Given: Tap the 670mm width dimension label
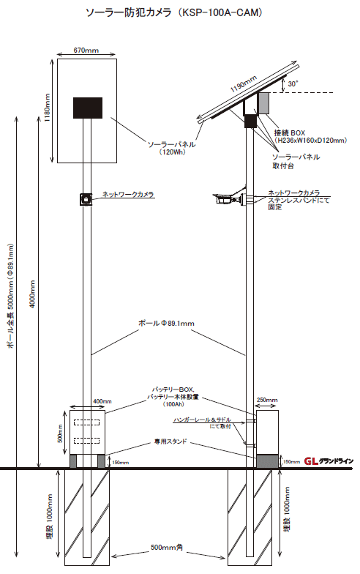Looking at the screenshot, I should (x=86, y=50).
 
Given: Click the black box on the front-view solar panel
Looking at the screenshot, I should (x=87, y=108).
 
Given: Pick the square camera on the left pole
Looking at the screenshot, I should (x=86, y=198).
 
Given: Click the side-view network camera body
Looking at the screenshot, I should (x=228, y=198).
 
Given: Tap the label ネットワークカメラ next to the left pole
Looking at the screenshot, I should (x=127, y=195).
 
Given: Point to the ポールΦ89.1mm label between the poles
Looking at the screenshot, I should (x=167, y=323).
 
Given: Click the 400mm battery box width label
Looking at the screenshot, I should (x=102, y=402).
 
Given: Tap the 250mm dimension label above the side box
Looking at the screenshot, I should (x=267, y=400).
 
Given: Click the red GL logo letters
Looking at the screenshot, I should (x=312, y=461).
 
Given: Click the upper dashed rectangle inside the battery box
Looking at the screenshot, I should (x=87, y=424).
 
